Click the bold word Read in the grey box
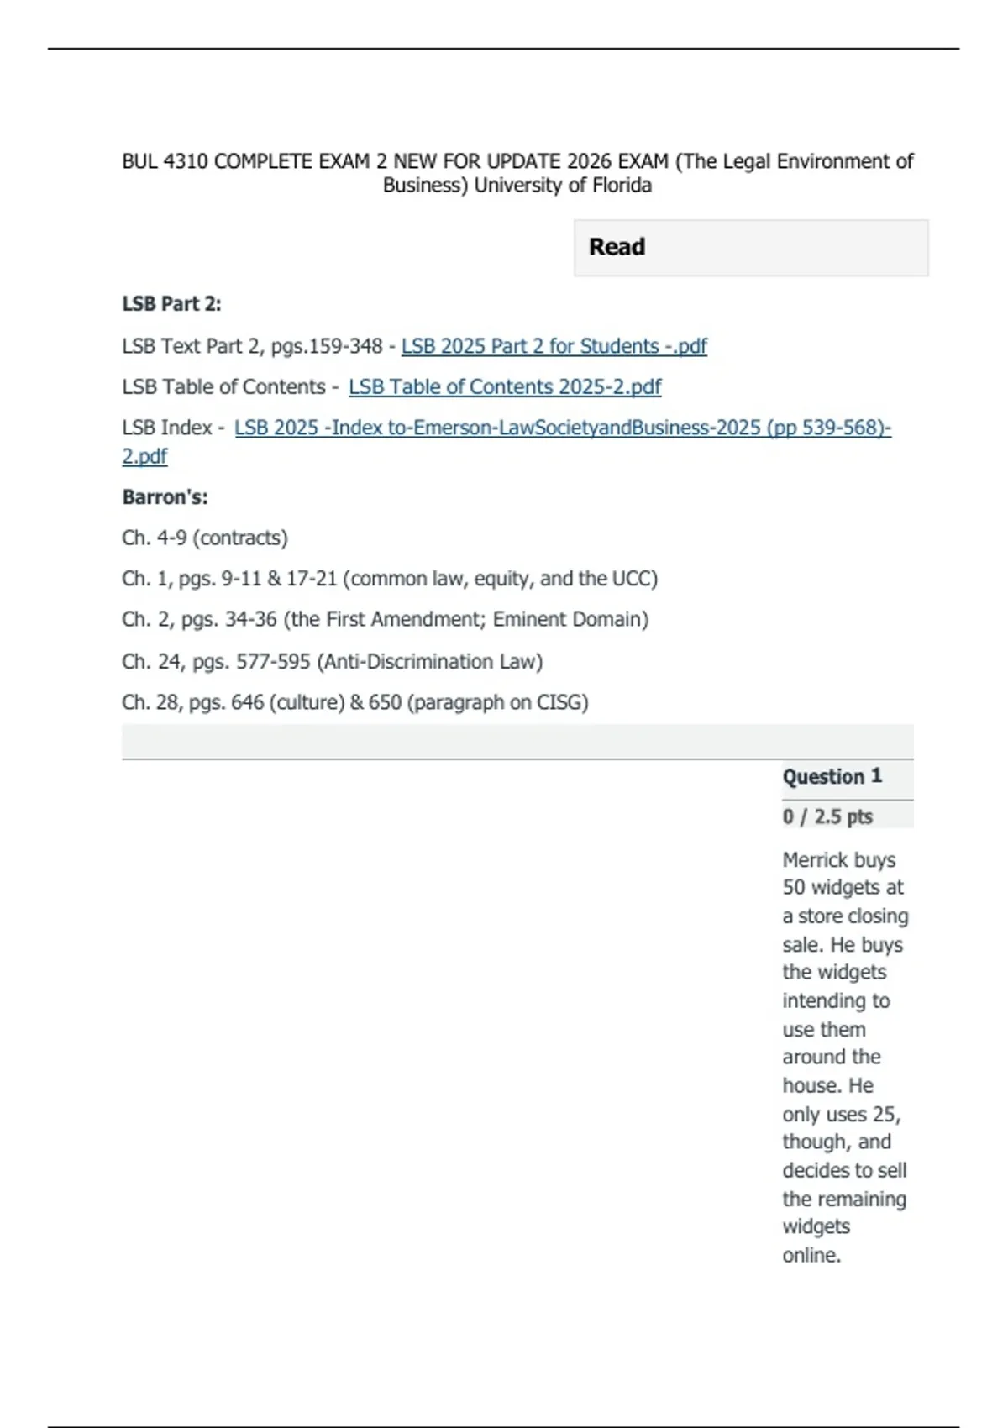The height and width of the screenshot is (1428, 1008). point(617,247)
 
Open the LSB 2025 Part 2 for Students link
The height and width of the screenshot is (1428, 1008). point(554,346)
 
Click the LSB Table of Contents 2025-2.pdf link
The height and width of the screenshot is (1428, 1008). point(505,387)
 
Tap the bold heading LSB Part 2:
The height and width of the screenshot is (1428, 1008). point(171,304)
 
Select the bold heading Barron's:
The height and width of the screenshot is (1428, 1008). point(165,497)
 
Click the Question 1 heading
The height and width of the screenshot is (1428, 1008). point(832,776)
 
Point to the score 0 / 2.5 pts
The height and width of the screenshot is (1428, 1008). point(827,816)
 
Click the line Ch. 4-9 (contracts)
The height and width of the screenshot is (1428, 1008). point(205,538)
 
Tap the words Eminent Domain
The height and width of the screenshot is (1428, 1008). point(570,620)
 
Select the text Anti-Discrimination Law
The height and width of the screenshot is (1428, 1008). point(430,662)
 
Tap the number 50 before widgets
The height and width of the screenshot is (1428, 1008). point(794,888)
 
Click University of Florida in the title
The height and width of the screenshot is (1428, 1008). point(563,186)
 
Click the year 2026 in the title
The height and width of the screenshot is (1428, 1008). point(588,161)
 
